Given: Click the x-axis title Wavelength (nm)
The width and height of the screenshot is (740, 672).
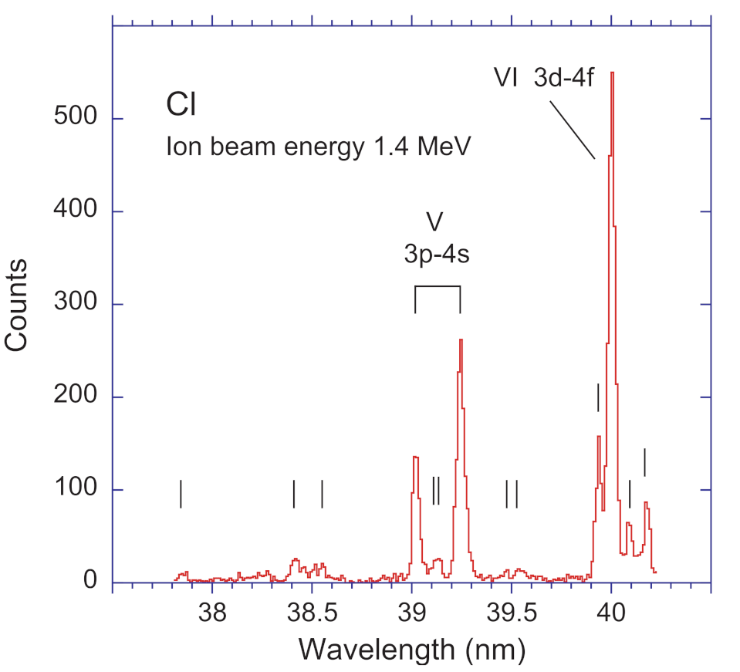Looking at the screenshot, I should (x=412, y=650).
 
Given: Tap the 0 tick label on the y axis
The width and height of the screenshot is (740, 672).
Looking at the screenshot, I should (x=91, y=583).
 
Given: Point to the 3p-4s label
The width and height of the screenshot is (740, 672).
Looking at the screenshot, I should (x=437, y=255).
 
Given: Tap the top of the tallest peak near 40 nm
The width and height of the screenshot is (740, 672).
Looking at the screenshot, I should (x=612, y=73).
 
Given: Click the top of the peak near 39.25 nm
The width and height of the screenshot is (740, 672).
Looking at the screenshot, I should (x=461, y=339).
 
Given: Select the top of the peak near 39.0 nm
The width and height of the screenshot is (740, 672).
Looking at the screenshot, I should (x=415, y=458).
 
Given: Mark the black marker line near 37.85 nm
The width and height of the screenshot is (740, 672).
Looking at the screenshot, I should (x=181, y=494).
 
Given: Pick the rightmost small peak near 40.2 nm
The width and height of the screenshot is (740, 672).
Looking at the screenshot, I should (x=647, y=503).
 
